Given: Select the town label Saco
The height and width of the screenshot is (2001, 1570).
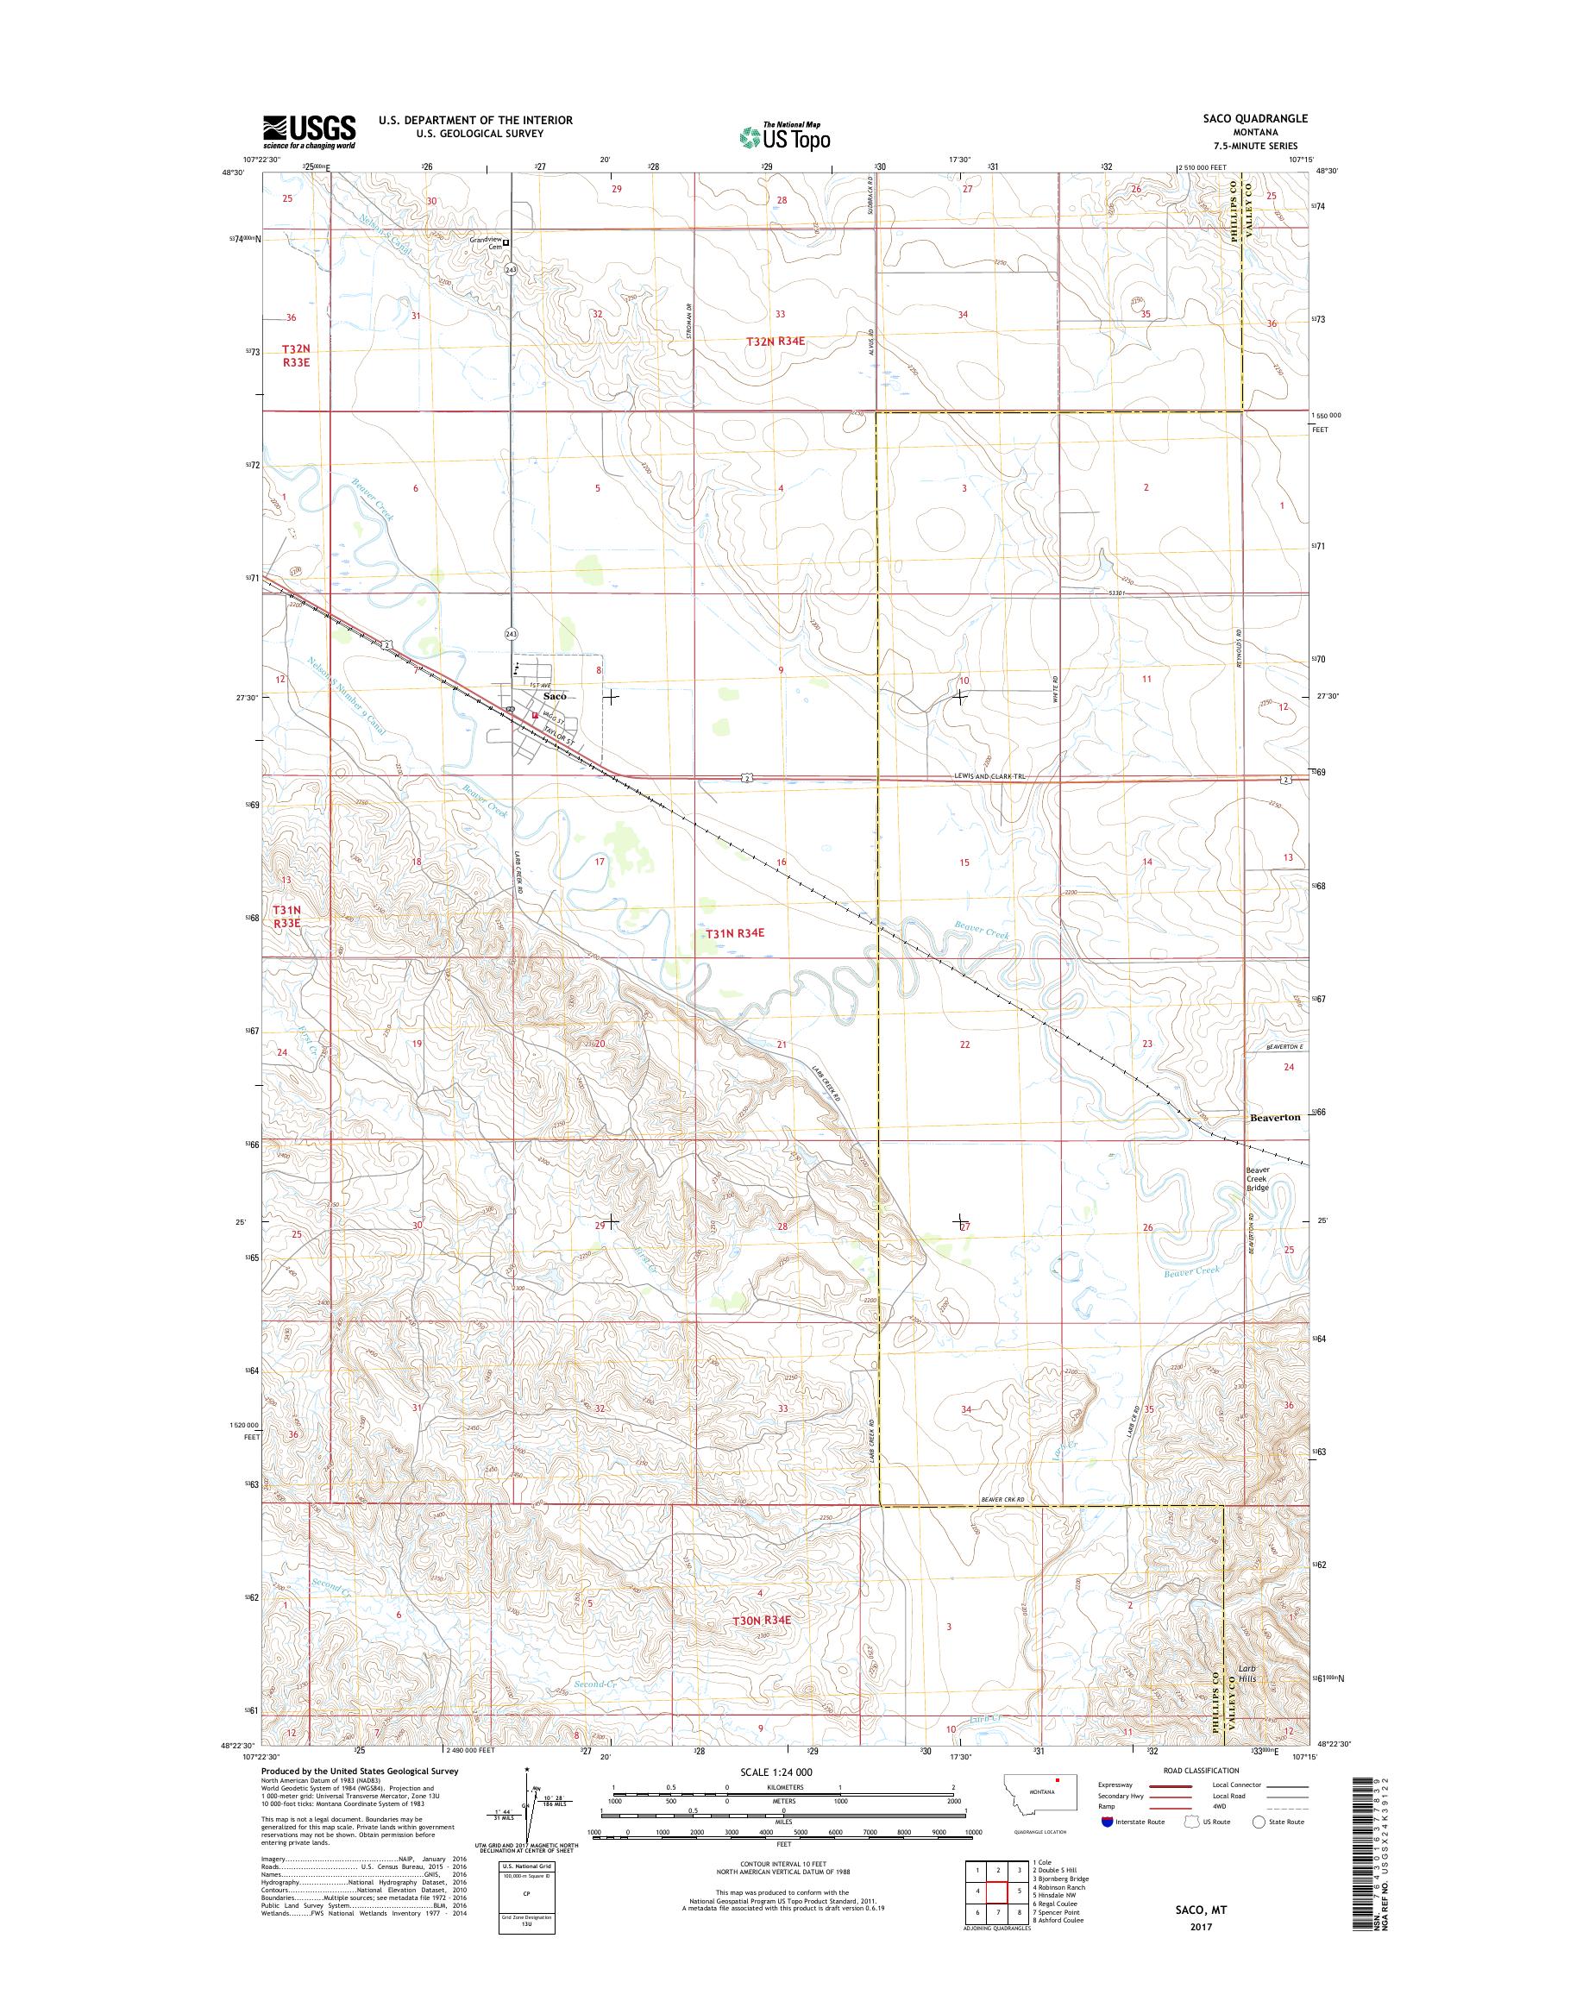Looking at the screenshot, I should (x=555, y=696).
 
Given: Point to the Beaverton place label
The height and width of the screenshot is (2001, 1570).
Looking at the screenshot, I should (x=1275, y=1117).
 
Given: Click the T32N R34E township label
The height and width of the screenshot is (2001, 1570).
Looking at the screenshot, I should (x=775, y=341).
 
